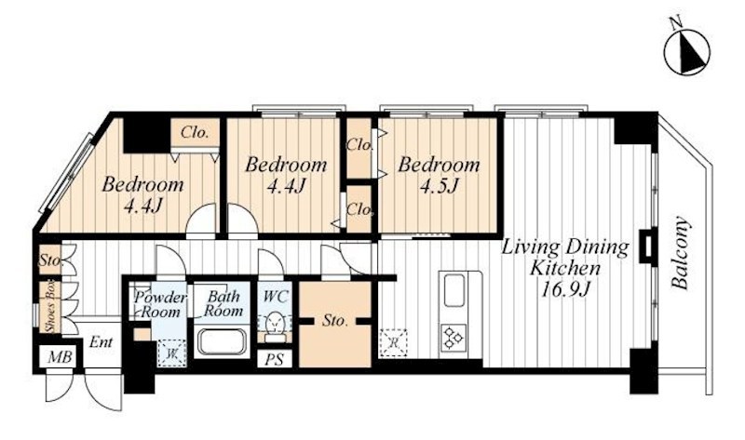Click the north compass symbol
(x=686, y=51)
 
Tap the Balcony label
(x=680, y=253)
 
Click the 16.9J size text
(x=565, y=287)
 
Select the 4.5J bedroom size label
(x=438, y=186)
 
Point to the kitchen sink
(x=455, y=291)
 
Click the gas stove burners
(x=454, y=338)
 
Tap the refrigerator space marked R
(x=393, y=342)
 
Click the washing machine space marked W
(x=171, y=353)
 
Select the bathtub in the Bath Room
(x=222, y=341)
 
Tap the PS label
(x=274, y=359)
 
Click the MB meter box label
(x=61, y=356)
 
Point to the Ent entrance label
(x=102, y=341)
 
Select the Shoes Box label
(x=50, y=307)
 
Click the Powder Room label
(x=160, y=305)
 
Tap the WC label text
(x=276, y=297)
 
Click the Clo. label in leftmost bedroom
(x=195, y=132)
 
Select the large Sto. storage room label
(x=335, y=321)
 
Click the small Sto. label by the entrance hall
(x=50, y=260)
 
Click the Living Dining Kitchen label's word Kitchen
(x=565, y=268)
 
